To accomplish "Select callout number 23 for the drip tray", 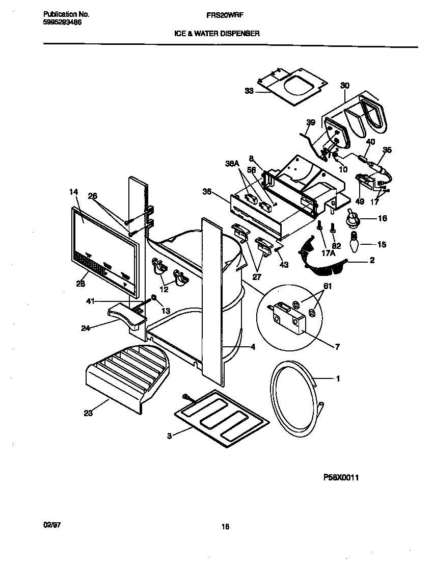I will pos(88,414).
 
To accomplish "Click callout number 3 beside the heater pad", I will pos(169,436).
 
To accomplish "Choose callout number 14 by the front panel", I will pos(73,192).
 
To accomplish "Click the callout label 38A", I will pos(232,164).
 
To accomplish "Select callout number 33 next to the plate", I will pos(249,91).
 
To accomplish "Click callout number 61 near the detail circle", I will pos(327,287).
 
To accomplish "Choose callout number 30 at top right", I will pos(345,85).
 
